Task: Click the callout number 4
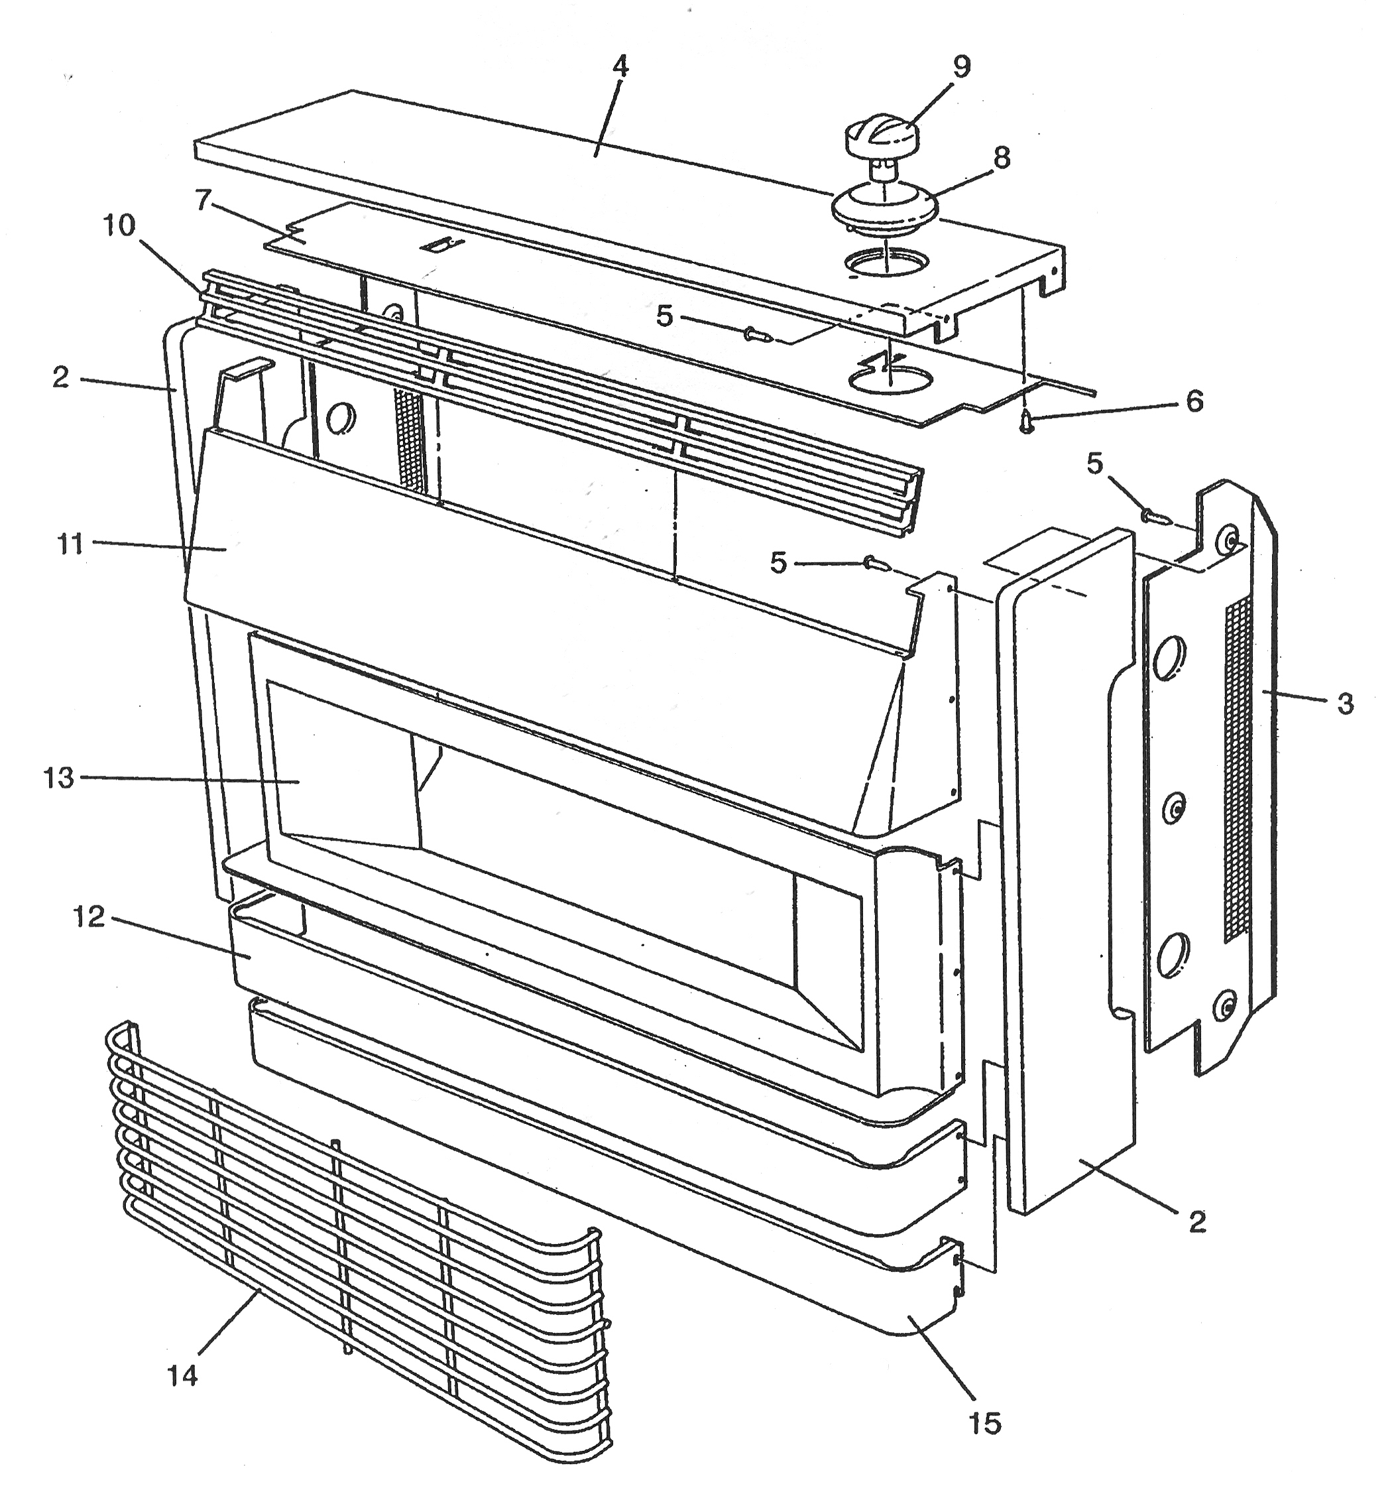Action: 619,66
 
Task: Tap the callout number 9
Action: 961,67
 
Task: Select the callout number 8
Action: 1002,158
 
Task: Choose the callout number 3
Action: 1344,704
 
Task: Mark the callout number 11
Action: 70,543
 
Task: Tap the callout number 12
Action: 89,916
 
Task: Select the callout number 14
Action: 182,1376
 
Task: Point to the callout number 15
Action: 985,1424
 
